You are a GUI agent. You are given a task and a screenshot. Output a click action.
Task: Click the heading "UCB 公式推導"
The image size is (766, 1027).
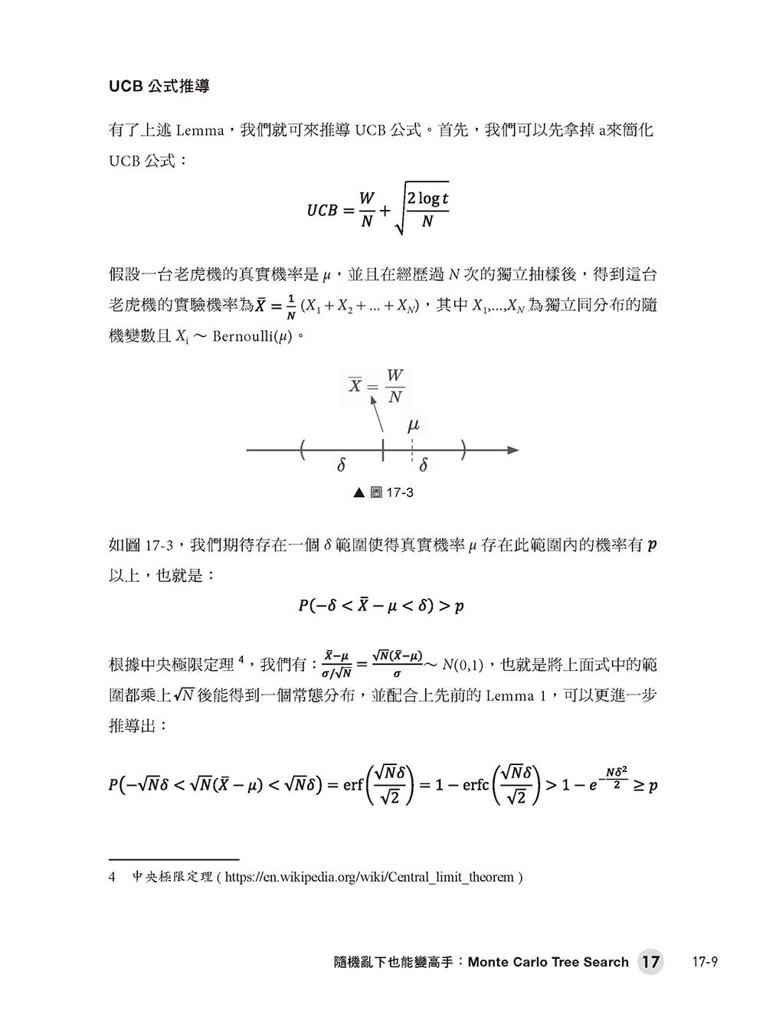(159, 87)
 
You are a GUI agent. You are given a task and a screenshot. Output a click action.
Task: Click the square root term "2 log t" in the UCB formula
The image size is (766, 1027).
(427, 201)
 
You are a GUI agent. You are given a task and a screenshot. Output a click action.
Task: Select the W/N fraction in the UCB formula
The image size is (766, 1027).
(368, 210)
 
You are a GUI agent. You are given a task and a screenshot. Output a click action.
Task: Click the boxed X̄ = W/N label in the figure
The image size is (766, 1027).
(377, 386)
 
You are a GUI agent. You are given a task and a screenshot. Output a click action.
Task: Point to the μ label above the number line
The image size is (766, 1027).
(414, 425)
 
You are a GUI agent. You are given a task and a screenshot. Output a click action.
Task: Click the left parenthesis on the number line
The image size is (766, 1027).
(304, 450)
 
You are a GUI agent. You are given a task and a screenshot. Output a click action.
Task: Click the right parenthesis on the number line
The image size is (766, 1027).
(464, 450)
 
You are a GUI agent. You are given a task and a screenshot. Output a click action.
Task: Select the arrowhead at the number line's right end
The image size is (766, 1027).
(514, 450)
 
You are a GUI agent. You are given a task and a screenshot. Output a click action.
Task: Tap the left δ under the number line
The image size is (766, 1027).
(342, 465)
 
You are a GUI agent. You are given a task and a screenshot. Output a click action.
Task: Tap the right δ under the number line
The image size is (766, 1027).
(424, 465)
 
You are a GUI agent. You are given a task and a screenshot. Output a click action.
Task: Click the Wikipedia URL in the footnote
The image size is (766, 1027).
(371, 877)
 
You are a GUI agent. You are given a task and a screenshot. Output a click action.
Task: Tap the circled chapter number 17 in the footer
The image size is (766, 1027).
(650, 962)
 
